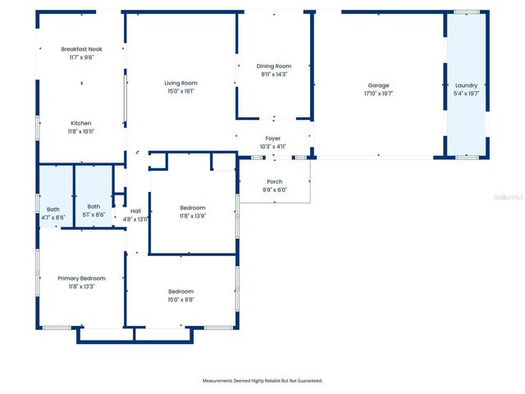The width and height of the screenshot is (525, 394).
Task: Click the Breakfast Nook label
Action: pyautogui.click(x=80, y=49)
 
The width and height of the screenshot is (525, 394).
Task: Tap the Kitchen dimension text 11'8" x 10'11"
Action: pyautogui.click(x=80, y=131)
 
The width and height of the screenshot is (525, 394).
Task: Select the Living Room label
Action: pyautogui.click(x=180, y=83)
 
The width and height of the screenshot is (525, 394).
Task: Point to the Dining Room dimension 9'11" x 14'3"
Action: pyautogui.click(x=273, y=74)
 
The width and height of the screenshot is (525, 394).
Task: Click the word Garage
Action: pyautogui.click(x=378, y=85)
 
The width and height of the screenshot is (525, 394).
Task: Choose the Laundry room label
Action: pyautogui.click(x=465, y=85)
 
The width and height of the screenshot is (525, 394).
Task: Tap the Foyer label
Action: pyautogui.click(x=273, y=139)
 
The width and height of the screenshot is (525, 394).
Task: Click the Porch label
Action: pyautogui.click(x=274, y=181)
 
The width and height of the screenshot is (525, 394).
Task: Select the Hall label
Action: pyautogui.click(x=135, y=211)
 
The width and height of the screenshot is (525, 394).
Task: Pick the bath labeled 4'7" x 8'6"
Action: pyautogui.click(x=53, y=217)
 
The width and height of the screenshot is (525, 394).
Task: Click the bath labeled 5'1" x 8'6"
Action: pyautogui.click(x=94, y=215)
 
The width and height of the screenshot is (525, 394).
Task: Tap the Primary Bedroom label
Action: pyautogui.click(x=81, y=278)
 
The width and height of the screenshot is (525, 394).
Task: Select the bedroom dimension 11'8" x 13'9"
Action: pyautogui.click(x=193, y=216)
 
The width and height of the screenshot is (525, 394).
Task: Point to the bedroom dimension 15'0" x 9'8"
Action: pyautogui.click(x=180, y=300)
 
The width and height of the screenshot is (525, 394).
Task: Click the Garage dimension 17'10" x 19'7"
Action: pyautogui.click(x=378, y=94)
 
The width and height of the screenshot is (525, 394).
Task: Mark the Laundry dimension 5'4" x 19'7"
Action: pyautogui.click(x=465, y=94)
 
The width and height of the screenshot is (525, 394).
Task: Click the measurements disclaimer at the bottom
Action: pyautogui.click(x=262, y=380)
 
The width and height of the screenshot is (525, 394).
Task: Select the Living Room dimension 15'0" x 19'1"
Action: pyautogui.click(x=180, y=91)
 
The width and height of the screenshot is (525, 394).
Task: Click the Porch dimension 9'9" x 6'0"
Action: pyautogui.click(x=274, y=190)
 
